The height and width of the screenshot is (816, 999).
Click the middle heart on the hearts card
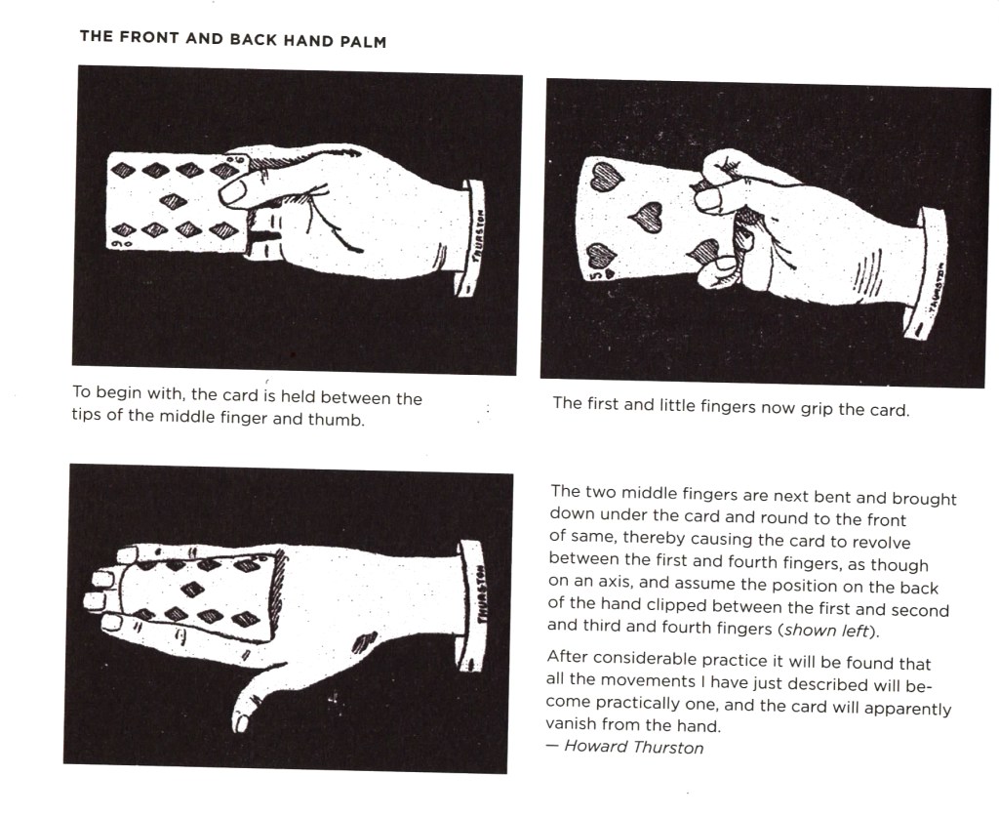coord(649,218)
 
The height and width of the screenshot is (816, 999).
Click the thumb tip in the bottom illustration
coord(241,722)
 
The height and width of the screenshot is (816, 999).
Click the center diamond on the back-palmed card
coord(193,589)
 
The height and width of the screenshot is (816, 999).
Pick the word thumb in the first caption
coord(337,420)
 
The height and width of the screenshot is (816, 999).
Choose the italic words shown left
coord(827,630)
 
